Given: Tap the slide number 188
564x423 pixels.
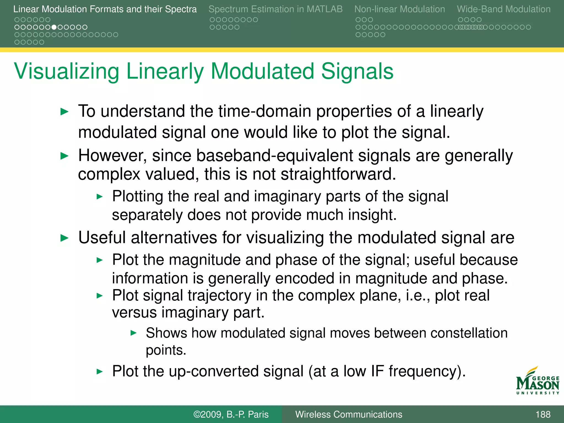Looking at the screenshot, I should [x=543, y=414].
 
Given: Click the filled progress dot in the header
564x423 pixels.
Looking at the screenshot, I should [x=54, y=27].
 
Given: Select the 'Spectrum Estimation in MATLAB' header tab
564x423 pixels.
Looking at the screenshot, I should [x=275, y=9].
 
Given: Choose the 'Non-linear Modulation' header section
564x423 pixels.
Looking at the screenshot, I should [x=399, y=9].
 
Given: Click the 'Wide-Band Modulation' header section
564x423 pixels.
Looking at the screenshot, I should [x=503, y=9].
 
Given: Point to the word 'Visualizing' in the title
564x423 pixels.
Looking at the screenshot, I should [x=66, y=72].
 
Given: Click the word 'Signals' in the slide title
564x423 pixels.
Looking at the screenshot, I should [x=357, y=72].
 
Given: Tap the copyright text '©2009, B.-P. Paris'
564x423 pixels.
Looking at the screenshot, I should [x=231, y=414].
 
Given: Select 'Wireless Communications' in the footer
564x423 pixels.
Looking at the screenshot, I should [x=349, y=414].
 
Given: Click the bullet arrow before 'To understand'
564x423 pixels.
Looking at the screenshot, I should [x=64, y=112].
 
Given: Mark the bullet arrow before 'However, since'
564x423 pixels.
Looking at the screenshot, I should [x=64, y=156].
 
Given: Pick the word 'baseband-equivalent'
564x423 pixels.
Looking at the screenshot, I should [x=274, y=156].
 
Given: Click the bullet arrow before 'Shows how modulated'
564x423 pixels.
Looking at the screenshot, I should [x=133, y=333].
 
